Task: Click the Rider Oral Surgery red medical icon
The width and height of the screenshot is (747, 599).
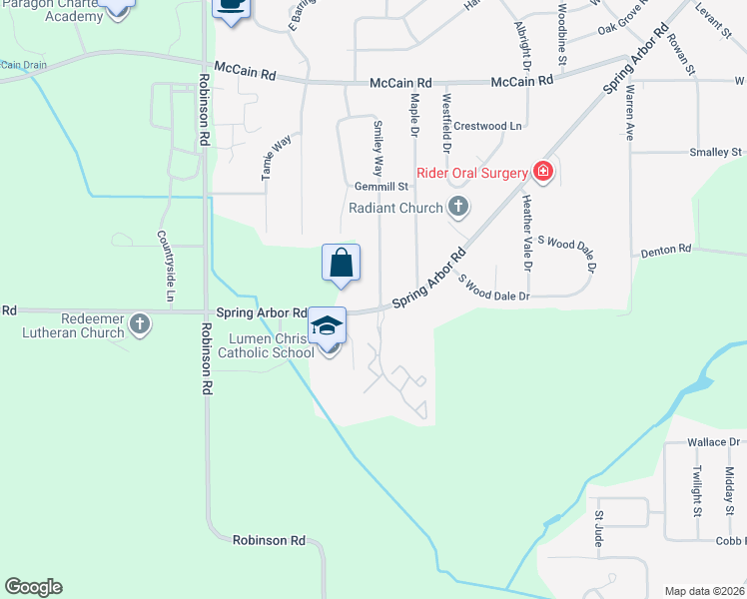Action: pos(542,173)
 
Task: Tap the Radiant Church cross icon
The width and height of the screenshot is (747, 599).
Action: pos(458,208)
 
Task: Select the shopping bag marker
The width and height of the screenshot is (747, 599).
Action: pos(341,263)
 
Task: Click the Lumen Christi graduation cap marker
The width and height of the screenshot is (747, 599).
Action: pos(327,325)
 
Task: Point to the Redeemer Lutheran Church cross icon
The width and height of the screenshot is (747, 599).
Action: pos(140,323)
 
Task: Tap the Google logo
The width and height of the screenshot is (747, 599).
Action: pos(33,587)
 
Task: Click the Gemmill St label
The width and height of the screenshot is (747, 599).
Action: pos(382,187)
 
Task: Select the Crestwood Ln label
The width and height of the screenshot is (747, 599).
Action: pos(487,127)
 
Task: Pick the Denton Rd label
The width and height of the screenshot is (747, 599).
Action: pos(666,250)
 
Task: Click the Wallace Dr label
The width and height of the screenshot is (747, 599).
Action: pos(711,441)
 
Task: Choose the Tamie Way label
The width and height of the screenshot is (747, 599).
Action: pos(269,157)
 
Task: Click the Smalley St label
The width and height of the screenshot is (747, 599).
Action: pos(716,153)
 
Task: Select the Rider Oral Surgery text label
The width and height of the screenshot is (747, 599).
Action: pos(471,173)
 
